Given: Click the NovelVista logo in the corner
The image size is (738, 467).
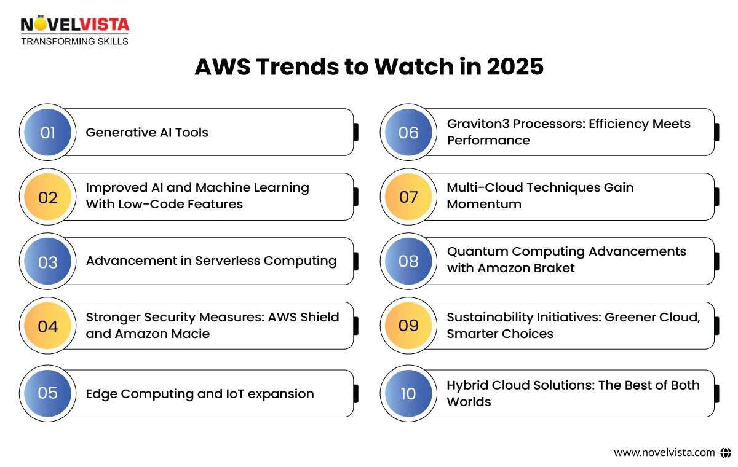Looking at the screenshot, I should point(74,25).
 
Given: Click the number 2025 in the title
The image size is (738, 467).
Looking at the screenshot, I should point(515,66).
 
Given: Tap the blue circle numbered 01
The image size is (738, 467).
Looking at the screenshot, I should point(47,133).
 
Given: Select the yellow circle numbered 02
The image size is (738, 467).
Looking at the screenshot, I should point(47,197).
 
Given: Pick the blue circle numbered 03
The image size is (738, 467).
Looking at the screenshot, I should point(47,262).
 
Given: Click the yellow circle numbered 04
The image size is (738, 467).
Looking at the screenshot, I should point(47,326).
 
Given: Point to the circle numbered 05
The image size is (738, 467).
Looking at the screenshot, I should point(47,393).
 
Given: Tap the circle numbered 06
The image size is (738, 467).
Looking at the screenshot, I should point(408,133).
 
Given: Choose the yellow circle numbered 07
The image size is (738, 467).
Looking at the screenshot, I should point(408,197).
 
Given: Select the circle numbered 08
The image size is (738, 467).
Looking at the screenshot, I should point(408,262).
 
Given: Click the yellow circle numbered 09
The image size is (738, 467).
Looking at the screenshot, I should point(408,326).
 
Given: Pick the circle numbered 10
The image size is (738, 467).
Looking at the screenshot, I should point(408,393).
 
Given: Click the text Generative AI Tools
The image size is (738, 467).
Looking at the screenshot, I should point(147,133).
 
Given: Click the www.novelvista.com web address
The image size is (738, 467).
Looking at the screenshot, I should point(664,452).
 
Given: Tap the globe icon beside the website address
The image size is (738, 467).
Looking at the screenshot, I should point(726,452).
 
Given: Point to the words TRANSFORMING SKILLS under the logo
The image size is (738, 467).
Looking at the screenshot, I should point(74,41).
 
